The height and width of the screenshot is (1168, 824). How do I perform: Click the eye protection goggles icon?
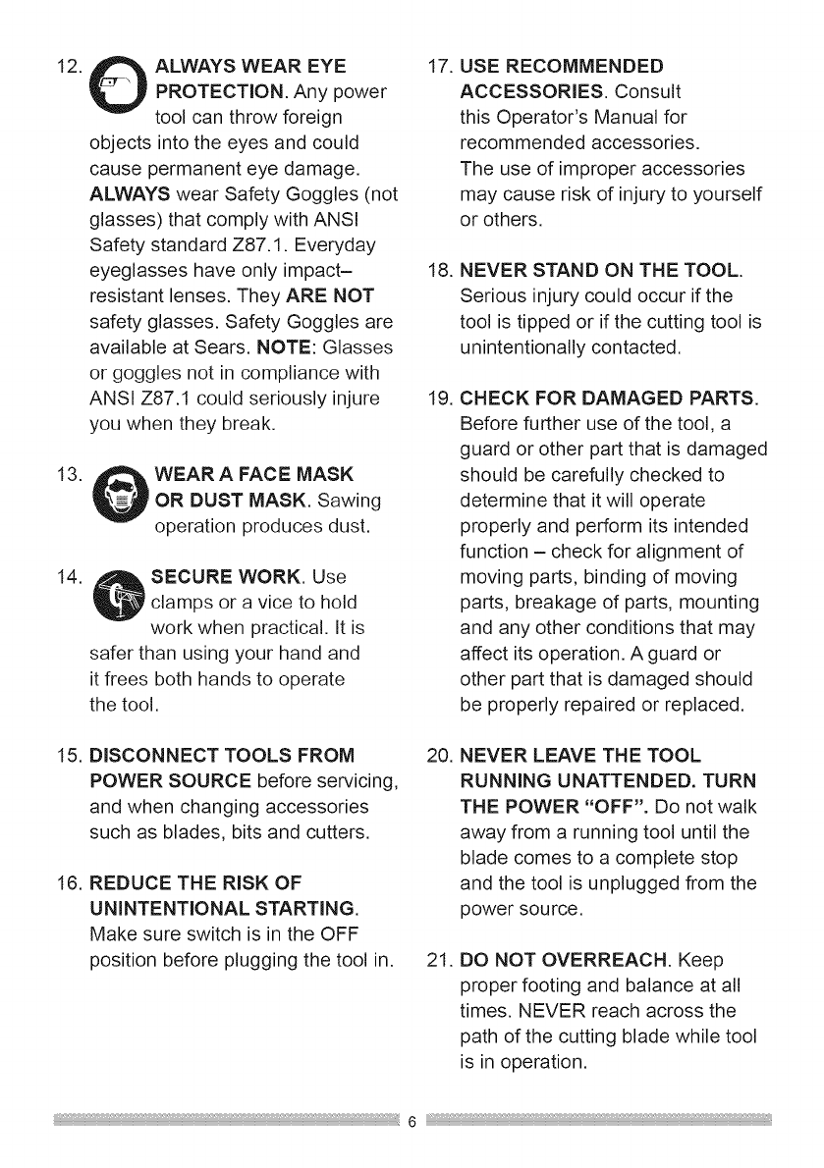pyautogui.click(x=121, y=94)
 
